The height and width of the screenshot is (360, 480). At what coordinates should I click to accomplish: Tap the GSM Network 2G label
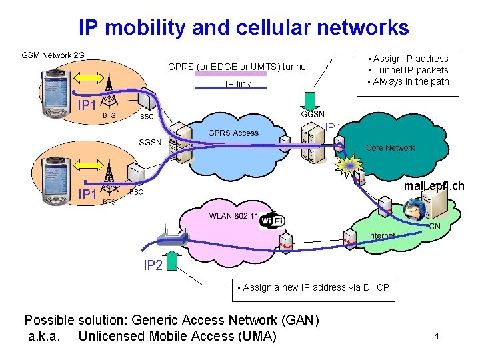coord(53,55)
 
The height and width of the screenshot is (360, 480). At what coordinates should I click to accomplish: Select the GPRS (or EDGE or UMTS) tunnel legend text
coord(237,67)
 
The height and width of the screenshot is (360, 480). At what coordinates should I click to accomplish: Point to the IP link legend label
coord(238,84)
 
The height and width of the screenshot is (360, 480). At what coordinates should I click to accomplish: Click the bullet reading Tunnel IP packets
coord(411,70)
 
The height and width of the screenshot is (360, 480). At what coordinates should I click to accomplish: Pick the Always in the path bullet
coord(411,81)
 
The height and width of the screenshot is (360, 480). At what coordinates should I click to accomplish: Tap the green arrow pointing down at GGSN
coord(312,100)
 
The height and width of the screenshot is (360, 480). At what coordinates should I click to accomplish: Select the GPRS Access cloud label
coord(233,133)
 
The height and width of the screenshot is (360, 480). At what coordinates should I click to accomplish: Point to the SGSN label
coord(150,142)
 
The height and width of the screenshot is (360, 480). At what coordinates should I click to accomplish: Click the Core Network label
coord(390,147)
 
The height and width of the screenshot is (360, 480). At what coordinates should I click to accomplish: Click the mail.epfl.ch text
coord(434,187)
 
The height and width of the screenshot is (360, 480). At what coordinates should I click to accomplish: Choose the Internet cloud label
coord(381,235)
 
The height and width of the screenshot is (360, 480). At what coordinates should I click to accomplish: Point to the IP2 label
coord(153,265)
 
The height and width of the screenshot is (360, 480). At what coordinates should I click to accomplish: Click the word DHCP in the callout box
coord(373,287)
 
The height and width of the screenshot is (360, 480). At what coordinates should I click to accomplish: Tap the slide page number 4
coord(436,336)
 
